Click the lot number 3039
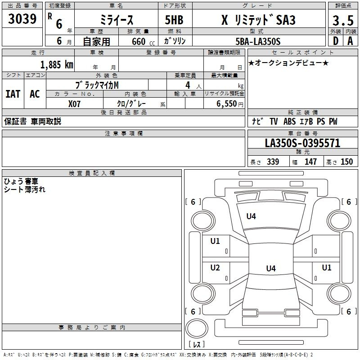tap(22, 18)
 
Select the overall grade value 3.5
tap(343, 20)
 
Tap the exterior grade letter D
tap(335, 41)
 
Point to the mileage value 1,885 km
tap(57, 64)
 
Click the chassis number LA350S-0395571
tap(302, 143)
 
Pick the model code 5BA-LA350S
tap(258, 41)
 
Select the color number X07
tap(74, 104)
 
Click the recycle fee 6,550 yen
tap(230, 104)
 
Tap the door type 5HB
tap(174, 20)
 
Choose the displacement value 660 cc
tap(143, 41)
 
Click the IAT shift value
tap(13, 94)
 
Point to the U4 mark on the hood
tap(251, 216)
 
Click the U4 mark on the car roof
tap(271, 268)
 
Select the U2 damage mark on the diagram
tap(215, 267)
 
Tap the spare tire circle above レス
tap(197, 328)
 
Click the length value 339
tap(273, 162)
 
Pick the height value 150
tap(346, 162)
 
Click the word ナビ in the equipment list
tap(257, 121)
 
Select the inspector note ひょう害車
tap(21, 181)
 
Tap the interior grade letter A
tap(350, 41)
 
